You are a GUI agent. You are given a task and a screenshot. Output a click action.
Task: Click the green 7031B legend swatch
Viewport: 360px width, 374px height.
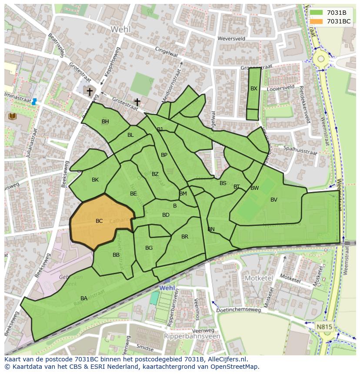point(317,12)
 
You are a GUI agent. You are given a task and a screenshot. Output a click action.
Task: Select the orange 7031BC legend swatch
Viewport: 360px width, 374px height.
point(317,21)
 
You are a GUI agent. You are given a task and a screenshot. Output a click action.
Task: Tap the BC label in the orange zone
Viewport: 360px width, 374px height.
point(99,221)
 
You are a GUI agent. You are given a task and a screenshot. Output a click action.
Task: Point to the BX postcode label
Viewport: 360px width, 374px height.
point(254,89)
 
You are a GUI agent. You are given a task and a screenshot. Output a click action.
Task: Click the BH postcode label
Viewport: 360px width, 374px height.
point(105,122)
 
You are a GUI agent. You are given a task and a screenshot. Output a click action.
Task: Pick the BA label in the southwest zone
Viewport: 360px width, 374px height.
point(84,298)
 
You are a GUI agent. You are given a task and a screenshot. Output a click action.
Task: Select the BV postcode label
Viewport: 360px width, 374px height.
point(273,200)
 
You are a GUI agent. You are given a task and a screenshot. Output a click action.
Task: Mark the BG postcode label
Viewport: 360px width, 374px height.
point(149,248)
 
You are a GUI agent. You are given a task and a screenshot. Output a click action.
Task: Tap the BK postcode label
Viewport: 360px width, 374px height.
point(95,180)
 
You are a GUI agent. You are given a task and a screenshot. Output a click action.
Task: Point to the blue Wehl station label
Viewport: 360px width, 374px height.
point(167,288)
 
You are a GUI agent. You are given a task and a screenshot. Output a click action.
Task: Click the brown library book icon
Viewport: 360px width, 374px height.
point(12,116)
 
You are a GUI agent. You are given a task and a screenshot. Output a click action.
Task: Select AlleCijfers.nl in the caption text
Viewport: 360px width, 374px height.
point(226,359)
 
